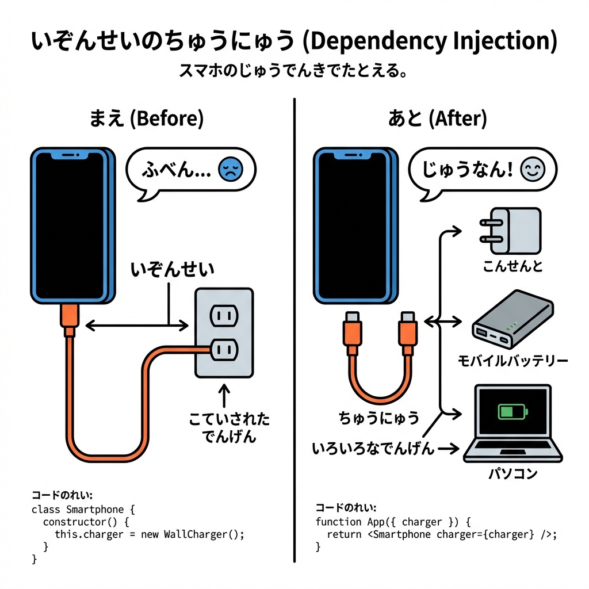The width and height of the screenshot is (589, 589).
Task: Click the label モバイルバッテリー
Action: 512,361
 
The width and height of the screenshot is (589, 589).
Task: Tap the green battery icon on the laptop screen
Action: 510,411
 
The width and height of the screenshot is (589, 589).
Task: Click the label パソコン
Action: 512,473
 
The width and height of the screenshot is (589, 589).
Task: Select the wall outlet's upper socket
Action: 224,315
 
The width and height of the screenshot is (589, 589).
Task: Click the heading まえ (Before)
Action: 146,119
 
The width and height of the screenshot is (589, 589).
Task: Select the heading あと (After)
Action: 437,119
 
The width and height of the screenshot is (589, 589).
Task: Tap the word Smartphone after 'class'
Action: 95,509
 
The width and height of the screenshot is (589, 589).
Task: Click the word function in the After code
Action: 338,522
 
